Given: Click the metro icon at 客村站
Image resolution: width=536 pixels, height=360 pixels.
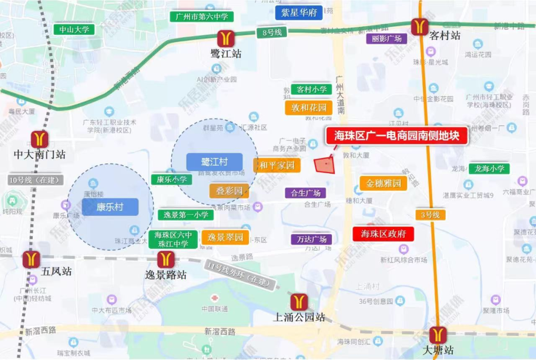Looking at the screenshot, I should point(419,26).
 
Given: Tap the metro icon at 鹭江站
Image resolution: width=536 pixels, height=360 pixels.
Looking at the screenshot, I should point(226,38).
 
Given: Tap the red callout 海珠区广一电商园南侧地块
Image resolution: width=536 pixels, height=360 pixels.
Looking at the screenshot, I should point(397,135).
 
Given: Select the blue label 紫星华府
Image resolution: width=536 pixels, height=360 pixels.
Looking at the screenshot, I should point(299,12).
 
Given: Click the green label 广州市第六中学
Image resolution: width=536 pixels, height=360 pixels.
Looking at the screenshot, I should point(201,16).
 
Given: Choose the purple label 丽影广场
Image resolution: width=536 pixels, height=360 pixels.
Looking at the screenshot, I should point(387,38).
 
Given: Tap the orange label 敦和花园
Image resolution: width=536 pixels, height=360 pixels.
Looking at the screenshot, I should point(309,107).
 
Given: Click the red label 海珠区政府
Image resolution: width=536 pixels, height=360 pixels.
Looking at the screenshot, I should point(383,234).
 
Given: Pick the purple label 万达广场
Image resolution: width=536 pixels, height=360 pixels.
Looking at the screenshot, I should point(311,239).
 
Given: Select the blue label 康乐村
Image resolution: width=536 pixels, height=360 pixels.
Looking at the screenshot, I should point(110,207).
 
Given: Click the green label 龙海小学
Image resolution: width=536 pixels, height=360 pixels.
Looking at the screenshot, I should point(489,169).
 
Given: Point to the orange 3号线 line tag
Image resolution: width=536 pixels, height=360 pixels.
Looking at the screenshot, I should point(430,215).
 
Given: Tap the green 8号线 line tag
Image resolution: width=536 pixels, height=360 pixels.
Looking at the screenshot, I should point(271,32).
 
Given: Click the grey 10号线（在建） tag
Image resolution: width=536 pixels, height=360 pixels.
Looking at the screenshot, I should point(36,180).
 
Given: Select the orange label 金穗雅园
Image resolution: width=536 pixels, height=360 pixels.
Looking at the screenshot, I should point(383,183).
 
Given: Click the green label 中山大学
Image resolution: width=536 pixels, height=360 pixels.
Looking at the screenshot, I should point(74,29).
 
